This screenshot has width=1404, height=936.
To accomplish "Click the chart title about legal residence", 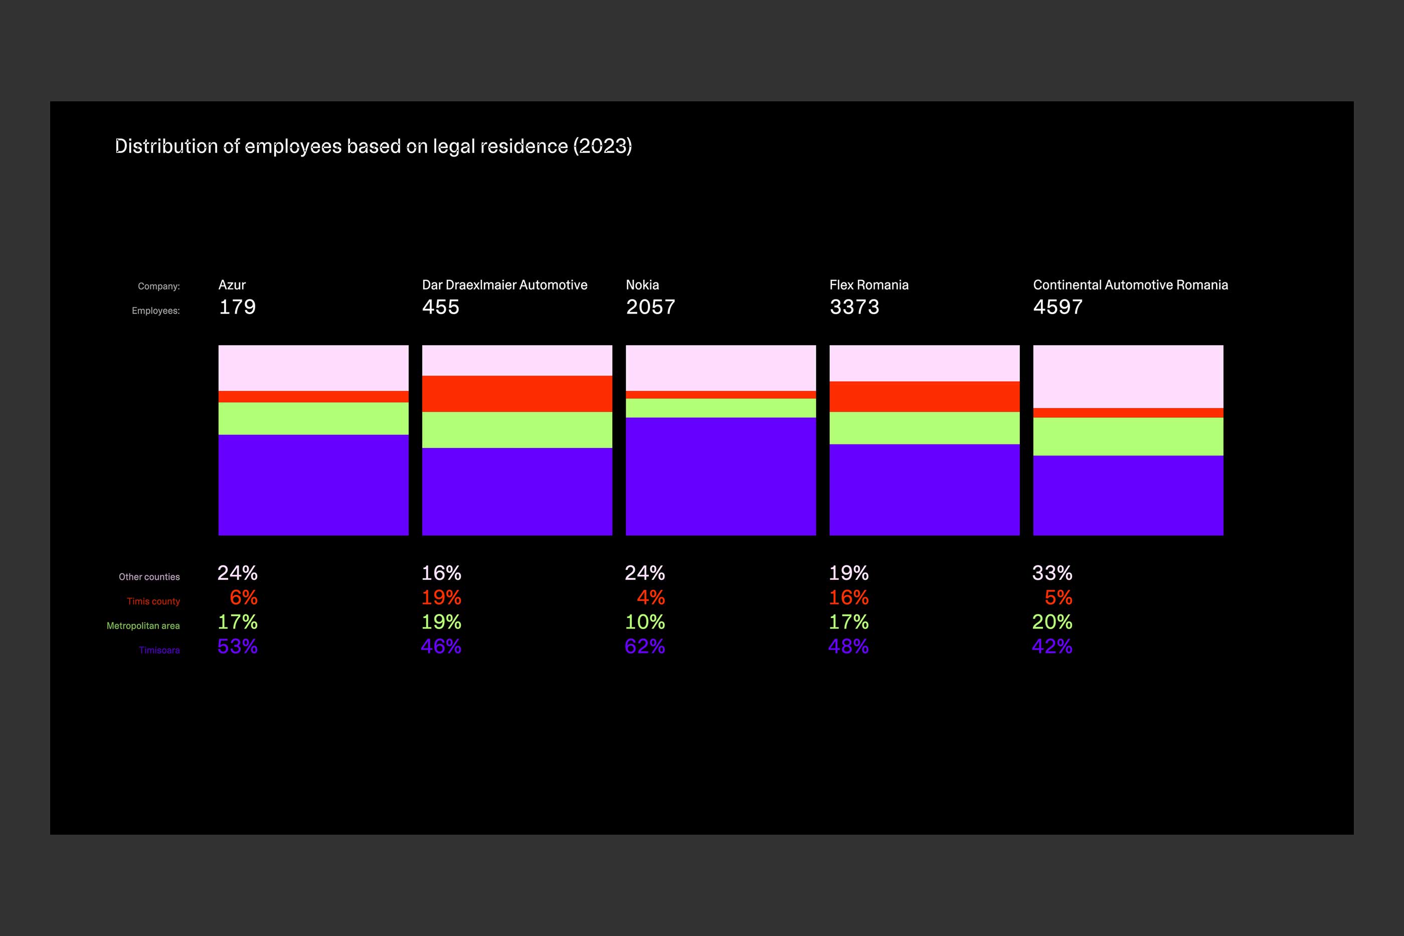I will coord(373,146).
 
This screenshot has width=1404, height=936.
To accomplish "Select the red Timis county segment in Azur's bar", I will coord(313,396).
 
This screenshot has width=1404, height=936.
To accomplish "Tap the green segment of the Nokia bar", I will coord(720,408).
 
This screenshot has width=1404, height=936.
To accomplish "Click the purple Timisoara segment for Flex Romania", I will coord(924,490).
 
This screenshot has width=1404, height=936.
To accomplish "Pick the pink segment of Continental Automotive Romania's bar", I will coord(1128,376).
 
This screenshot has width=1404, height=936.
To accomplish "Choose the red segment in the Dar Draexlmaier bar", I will coord(517,393).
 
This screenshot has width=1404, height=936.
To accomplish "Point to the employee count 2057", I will coord(650,307).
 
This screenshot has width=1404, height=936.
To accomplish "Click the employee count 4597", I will coord(1058,307).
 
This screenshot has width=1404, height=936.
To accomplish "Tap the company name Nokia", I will coord(642,285).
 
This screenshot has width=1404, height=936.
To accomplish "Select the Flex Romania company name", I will coord(869,285).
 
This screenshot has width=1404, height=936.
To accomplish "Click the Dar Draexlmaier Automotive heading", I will coord(504,285).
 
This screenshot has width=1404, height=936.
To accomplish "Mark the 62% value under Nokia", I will coord(644,647).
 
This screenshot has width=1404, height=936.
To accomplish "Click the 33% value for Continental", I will coord(1052,573).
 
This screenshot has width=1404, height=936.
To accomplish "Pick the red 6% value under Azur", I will coord(244,597).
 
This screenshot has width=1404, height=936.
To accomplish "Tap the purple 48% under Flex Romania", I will coord(848,647).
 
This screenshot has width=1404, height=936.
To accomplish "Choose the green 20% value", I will coord(1052,622).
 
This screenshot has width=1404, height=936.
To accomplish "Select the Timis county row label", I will coord(153,601).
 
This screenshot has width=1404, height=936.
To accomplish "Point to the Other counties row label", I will coord(148,577).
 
